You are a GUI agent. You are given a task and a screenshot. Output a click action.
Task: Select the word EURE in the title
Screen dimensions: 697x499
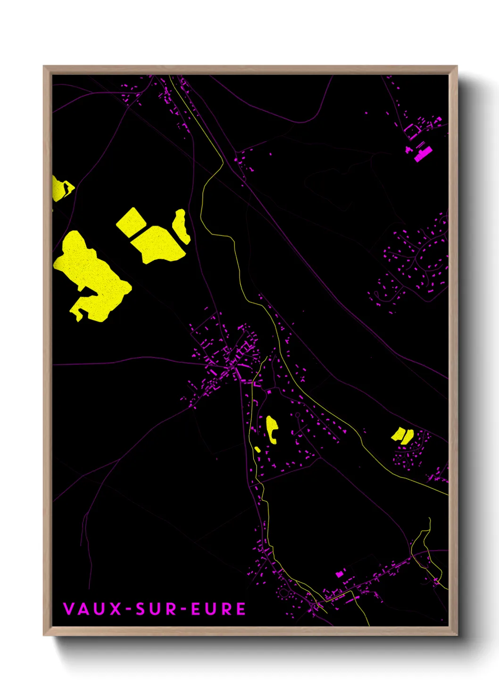218,609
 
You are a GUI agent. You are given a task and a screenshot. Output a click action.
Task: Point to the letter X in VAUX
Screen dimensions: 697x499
116,609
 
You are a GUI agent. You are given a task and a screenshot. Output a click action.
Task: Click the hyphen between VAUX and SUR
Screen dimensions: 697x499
129,609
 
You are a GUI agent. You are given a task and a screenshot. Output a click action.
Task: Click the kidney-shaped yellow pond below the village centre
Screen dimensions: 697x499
272,429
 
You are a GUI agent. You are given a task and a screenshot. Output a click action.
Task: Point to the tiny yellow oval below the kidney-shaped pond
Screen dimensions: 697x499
258,449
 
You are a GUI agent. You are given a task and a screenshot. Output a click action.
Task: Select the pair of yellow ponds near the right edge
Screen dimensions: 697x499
402,436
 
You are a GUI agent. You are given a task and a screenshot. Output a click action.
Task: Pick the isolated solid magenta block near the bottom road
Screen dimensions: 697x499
339,574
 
